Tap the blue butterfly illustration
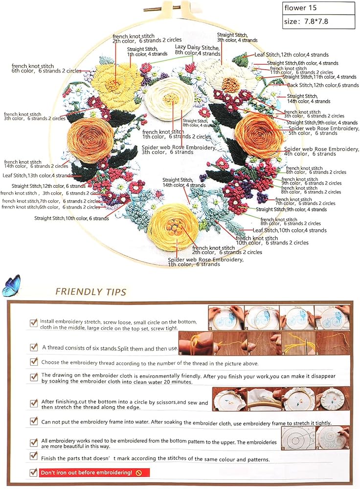[12, 286]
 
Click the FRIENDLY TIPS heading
[90, 292]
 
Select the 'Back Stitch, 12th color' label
[323, 85]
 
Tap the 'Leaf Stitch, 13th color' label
[37, 175]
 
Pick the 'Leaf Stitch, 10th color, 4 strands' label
[290, 230]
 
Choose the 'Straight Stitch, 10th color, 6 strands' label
[71, 218]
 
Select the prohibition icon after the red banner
[139, 473]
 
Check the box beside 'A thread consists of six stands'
[34, 347]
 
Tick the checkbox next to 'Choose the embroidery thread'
[34, 362]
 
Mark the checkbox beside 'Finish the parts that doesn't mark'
[34, 456]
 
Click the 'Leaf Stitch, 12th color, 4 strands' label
[291, 55]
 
